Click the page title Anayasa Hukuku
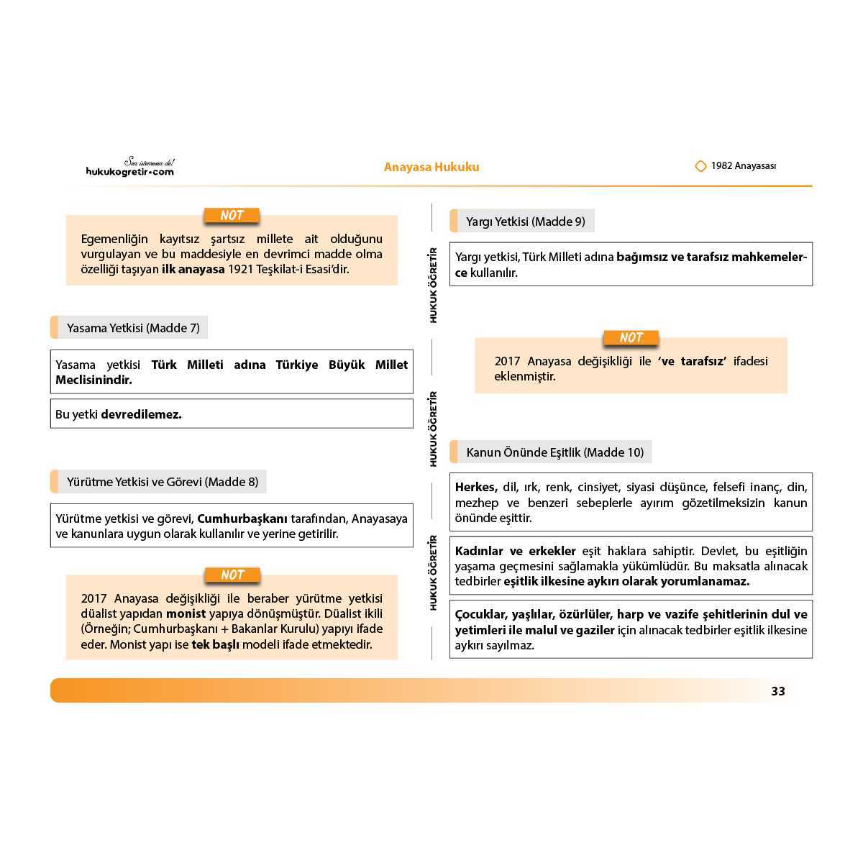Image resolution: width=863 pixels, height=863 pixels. pyautogui.click(x=431, y=168)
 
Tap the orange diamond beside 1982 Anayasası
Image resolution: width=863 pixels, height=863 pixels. pyautogui.click(x=700, y=166)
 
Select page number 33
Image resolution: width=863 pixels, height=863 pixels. pyautogui.click(x=778, y=691)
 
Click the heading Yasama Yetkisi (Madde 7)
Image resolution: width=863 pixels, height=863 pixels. pyautogui.click(x=133, y=328)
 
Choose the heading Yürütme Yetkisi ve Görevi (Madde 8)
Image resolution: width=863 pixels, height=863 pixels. pyautogui.click(x=163, y=482)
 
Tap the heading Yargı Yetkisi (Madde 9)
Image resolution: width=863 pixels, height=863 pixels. pyautogui.click(x=526, y=222)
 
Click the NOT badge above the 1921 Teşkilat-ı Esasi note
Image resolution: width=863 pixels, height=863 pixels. pyautogui.click(x=232, y=216)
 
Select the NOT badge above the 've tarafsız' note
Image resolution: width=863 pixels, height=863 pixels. pyautogui.click(x=631, y=338)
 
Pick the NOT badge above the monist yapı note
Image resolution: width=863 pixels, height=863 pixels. pyautogui.click(x=232, y=575)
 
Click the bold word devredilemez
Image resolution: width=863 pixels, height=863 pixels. pyautogui.click(x=141, y=414)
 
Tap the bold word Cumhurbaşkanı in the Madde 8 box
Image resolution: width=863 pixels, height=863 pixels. pyautogui.click(x=242, y=519)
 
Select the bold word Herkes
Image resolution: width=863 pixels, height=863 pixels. pyautogui.click(x=475, y=488)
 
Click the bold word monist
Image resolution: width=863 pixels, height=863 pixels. pyautogui.click(x=186, y=614)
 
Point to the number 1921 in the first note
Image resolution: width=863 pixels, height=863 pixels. pyautogui.click(x=241, y=270)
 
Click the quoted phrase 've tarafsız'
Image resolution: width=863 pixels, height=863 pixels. pyautogui.click(x=692, y=361)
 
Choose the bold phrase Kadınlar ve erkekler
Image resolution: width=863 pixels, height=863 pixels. pyautogui.click(x=516, y=551)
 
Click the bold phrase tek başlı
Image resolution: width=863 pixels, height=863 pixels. pyautogui.click(x=215, y=644)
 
